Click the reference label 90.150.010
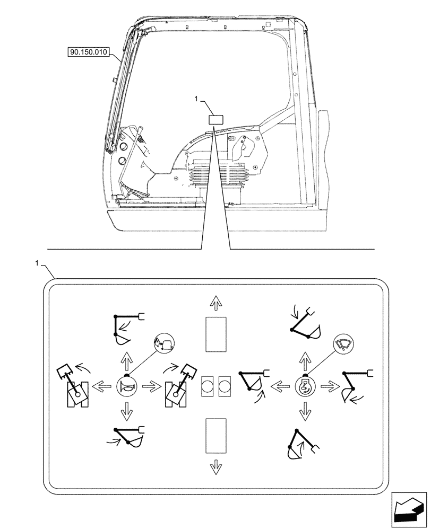tap(88, 52)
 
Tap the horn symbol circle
tap(126, 385)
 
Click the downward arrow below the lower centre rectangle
tap(215, 466)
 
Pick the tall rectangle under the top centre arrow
tap(215, 334)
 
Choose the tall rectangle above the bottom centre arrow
tap(215, 435)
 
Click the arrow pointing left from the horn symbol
tap(101, 385)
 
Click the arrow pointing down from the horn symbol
tap(126, 409)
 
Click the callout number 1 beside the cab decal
tap(196, 99)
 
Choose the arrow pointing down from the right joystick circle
tap(304, 409)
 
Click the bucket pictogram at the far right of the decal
tap(354, 387)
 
